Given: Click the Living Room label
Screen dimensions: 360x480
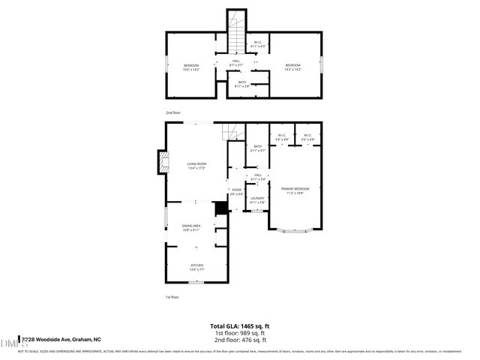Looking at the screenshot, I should [x=196, y=166].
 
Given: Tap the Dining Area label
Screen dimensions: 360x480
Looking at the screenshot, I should [x=190, y=228].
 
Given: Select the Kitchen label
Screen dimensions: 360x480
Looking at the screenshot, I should [x=196, y=267].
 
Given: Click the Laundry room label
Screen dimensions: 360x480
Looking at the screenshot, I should [x=257, y=200].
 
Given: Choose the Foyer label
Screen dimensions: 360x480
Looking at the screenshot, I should [x=236, y=192].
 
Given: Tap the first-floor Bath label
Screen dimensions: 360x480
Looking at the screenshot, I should [x=257, y=148].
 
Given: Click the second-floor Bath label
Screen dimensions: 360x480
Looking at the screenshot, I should [x=241, y=84].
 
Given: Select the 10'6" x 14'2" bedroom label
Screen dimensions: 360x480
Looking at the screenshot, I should [x=190, y=67].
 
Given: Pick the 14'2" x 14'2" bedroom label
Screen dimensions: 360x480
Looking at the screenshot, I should [x=292, y=67].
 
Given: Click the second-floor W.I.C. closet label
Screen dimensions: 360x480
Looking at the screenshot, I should [x=257, y=44].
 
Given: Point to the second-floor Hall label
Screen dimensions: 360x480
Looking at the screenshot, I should [x=235, y=63].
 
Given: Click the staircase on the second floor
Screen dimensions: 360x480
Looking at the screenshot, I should [x=236, y=34].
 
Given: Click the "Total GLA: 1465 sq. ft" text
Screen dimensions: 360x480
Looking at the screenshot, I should [x=240, y=326].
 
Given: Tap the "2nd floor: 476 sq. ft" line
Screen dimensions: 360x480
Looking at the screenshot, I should [x=240, y=340].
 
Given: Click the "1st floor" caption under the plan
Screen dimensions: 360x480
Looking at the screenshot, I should [x=172, y=297].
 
